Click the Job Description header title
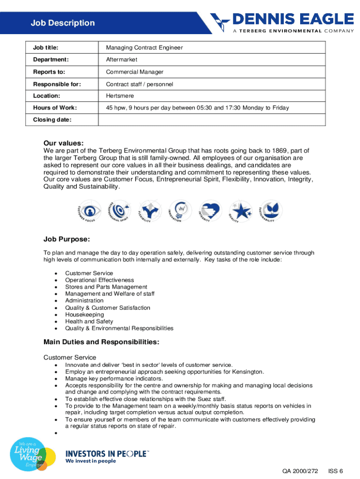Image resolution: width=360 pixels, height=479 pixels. click(x=63, y=23)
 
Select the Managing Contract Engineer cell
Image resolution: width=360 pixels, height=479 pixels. click(x=144, y=48)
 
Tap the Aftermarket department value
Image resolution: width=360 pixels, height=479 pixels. click(x=122, y=60)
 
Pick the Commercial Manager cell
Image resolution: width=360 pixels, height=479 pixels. click(x=135, y=72)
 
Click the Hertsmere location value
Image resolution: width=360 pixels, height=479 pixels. click(x=120, y=96)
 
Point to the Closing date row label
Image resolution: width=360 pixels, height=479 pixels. click(x=52, y=120)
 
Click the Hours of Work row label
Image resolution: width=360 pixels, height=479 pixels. click(x=55, y=108)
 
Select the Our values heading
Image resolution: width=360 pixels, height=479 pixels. click(x=64, y=143)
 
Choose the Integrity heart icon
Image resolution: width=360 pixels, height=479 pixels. click(x=209, y=210)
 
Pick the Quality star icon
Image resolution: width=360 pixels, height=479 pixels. click(x=240, y=211)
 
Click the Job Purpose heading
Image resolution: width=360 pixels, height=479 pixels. click(x=66, y=239)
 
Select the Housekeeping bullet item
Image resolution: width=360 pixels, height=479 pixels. click(x=84, y=315)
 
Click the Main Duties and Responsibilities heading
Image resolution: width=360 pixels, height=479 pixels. click(x=101, y=342)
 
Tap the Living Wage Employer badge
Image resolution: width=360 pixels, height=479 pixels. click(x=28, y=454)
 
